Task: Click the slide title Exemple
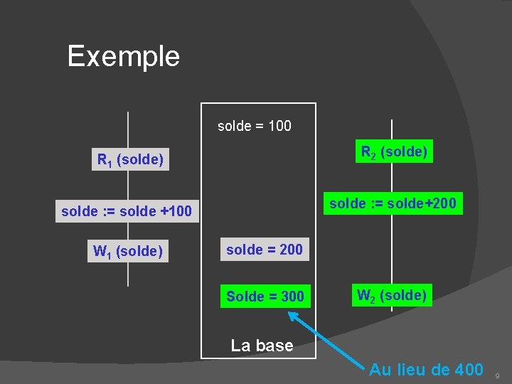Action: [x=123, y=56]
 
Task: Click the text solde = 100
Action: [x=254, y=127]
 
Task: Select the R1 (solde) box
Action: [x=131, y=160]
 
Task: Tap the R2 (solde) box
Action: [x=394, y=151]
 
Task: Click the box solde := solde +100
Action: [x=127, y=212]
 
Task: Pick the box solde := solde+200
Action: [x=393, y=204]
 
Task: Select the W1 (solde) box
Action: [x=128, y=251]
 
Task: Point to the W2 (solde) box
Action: [x=392, y=295]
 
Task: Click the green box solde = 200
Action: [x=265, y=250]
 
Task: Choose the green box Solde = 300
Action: [x=265, y=297]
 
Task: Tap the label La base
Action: [x=262, y=346]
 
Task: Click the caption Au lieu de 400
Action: [x=426, y=369]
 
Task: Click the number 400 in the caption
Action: [x=469, y=369]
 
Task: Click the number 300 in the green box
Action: [x=291, y=297]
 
